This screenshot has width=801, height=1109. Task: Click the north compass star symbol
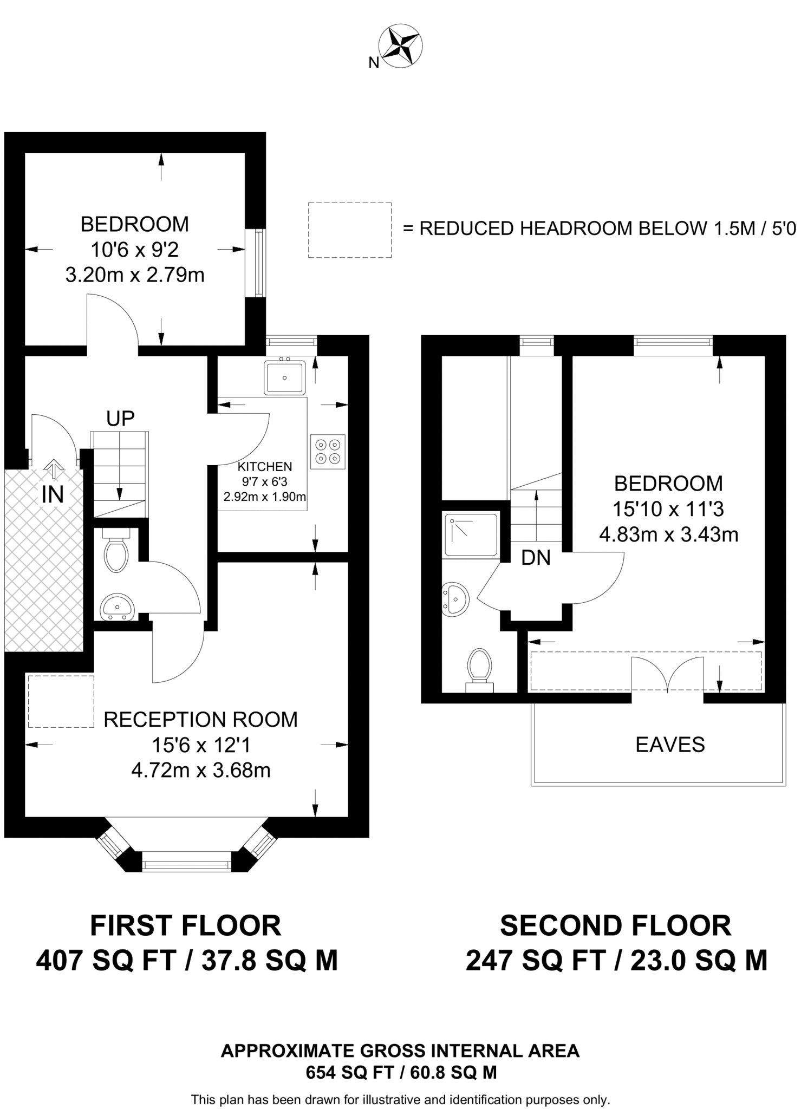[x=401, y=46]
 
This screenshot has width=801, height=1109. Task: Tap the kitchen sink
[x=284, y=377]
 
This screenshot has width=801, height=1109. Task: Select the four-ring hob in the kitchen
[x=328, y=452]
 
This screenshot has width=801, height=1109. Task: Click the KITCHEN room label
[x=265, y=467]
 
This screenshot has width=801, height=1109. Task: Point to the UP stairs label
[x=120, y=419]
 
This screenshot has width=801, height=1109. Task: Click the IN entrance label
[x=53, y=495]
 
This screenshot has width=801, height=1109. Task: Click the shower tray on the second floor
[x=471, y=535]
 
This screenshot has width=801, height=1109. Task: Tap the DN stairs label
[x=536, y=558]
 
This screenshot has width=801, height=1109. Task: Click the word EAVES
[x=670, y=745]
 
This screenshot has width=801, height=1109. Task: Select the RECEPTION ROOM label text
[x=200, y=720]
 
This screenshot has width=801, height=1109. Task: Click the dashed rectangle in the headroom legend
[x=349, y=230]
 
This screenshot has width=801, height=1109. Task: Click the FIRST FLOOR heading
[x=186, y=925]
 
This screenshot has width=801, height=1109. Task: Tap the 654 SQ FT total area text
[x=401, y=1072]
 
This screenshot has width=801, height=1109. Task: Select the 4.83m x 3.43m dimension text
[x=668, y=535]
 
